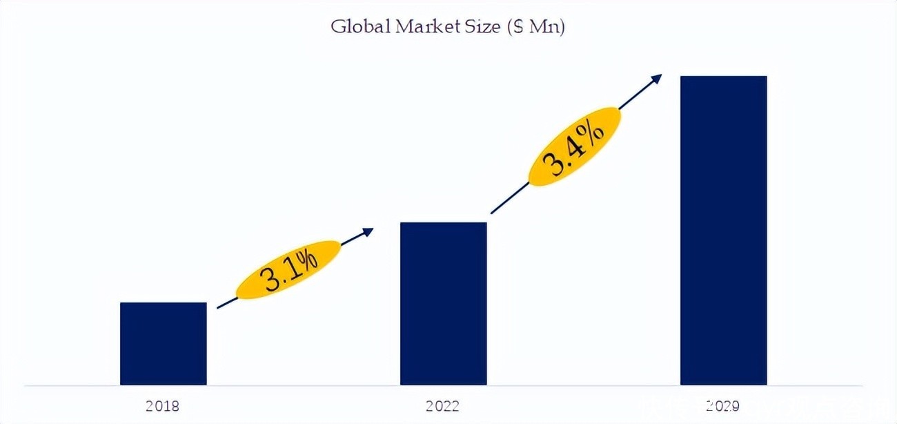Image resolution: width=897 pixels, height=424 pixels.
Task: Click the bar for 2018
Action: (x=163, y=343)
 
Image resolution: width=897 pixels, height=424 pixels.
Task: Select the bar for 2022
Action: (x=443, y=303)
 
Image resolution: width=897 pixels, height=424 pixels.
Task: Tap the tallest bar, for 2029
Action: (x=723, y=230)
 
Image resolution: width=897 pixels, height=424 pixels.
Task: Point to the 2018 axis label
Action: (x=163, y=406)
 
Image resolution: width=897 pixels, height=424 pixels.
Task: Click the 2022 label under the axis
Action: (x=443, y=406)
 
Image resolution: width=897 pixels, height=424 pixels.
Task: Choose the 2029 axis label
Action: (x=722, y=406)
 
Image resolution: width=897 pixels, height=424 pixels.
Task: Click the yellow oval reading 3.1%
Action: (x=288, y=270)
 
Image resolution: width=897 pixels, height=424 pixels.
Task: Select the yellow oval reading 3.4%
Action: (x=575, y=146)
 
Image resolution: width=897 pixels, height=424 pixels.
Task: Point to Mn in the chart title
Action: (x=542, y=28)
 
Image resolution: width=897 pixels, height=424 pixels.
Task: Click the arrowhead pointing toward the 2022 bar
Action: (x=368, y=231)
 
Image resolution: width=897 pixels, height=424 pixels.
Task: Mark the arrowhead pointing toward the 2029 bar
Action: (x=658, y=77)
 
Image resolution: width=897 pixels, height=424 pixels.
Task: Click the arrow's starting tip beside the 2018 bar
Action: (x=218, y=307)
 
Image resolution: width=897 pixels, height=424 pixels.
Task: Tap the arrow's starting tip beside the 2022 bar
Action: (x=492, y=212)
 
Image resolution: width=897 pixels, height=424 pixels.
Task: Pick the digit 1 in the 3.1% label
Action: (x=291, y=269)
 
